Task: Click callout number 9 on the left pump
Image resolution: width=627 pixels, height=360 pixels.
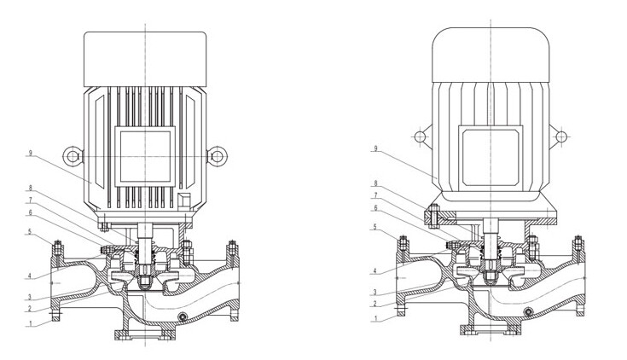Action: [x=30, y=153]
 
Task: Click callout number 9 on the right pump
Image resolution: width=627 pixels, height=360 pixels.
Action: [x=375, y=148]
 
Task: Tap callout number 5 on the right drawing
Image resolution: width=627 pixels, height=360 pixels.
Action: [x=375, y=227]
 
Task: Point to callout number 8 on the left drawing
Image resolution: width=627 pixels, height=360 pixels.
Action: [x=30, y=187]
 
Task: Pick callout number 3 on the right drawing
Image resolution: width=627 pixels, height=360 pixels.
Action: [x=375, y=292]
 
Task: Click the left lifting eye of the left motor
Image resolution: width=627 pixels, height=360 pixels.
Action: [x=73, y=155]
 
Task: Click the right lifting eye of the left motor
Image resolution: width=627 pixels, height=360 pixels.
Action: [x=218, y=156]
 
